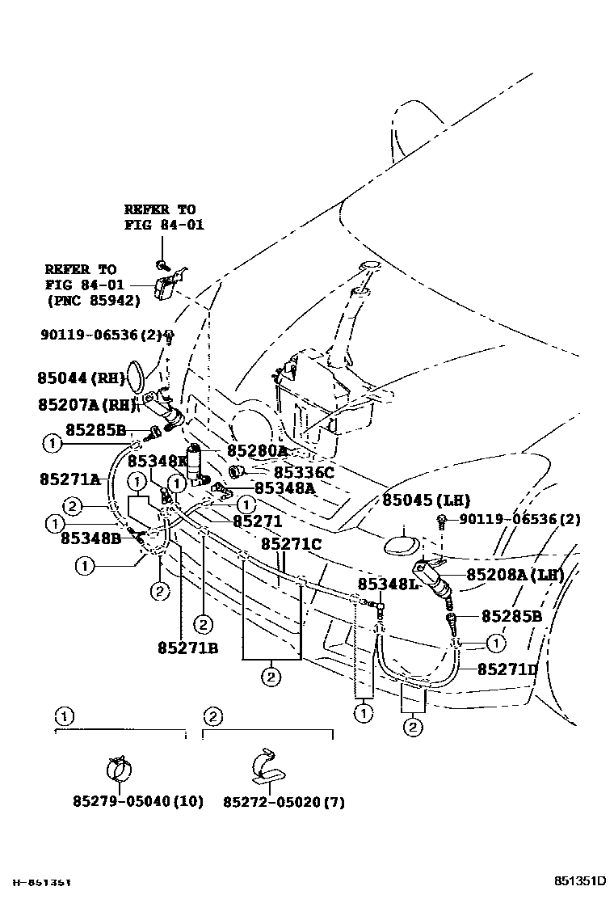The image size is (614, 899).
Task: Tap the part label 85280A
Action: click(257, 450)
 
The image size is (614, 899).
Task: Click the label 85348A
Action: click(284, 487)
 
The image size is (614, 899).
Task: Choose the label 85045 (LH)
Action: click(426, 500)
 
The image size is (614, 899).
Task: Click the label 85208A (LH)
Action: click(515, 575)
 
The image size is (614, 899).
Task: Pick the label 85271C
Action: click(291, 544)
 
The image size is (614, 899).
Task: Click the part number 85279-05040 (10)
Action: click(138, 801)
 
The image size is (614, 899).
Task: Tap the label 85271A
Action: click(69, 479)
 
